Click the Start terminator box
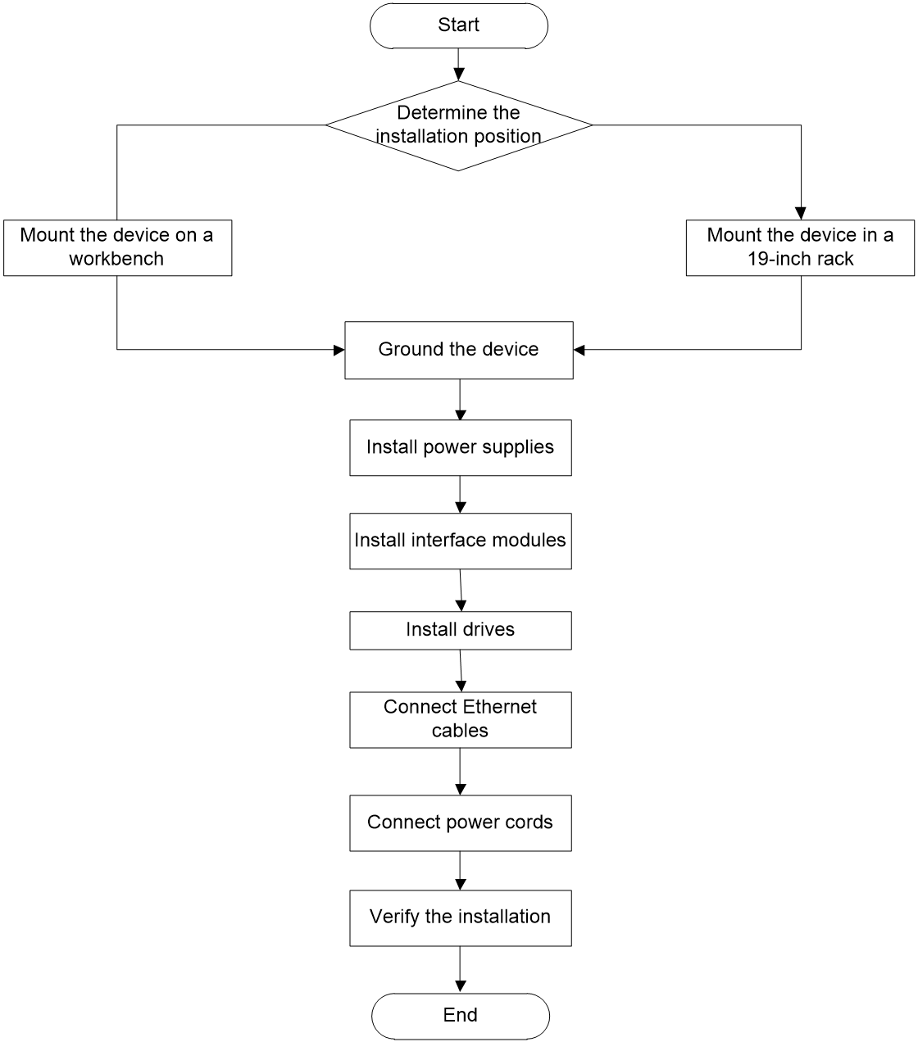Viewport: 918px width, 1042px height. coord(458,25)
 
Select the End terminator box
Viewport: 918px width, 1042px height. coord(460,1017)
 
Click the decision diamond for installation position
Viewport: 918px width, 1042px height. coord(458,125)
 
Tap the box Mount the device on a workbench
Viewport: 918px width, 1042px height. coord(117,248)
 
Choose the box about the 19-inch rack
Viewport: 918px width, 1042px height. coord(800,248)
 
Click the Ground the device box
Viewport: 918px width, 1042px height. coord(458,351)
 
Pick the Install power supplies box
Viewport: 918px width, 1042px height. coord(460,447)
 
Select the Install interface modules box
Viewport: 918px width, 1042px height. coord(460,541)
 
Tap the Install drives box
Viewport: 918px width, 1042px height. coord(460,631)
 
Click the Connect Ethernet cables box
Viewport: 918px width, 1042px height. coord(460,719)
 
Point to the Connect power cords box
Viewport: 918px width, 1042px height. coord(460,823)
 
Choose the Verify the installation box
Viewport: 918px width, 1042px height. coord(460,918)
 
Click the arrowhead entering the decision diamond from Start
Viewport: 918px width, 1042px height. coord(458,75)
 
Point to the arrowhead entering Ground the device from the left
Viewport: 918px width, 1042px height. coord(339,351)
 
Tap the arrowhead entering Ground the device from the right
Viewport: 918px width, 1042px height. coord(579,351)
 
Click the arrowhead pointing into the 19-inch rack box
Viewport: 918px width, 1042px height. coord(801,214)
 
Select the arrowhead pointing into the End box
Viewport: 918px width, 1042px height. coord(461,986)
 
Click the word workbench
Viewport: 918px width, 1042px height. coord(116,259)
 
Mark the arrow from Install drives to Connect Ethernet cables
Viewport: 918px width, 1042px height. coord(461,671)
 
